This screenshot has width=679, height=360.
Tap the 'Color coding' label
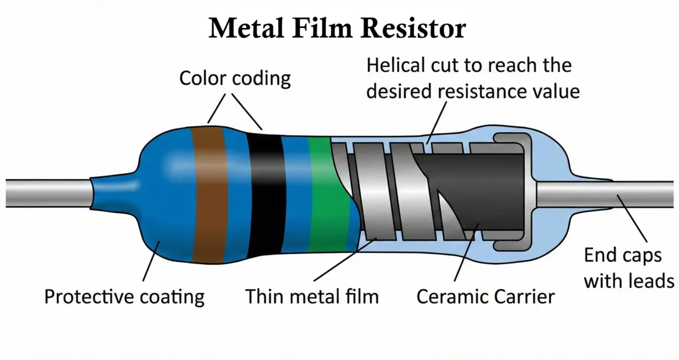pyautogui.click(x=235, y=79)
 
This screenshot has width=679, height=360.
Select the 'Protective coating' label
pyautogui.click(x=124, y=296)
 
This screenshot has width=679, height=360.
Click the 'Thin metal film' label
pyautogui.click(x=311, y=296)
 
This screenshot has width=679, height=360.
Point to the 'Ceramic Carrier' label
pyautogui.click(x=485, y=296)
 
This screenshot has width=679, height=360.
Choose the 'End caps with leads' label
pyautogui.click(x=628, y=267)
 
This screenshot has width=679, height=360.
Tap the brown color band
pyautogui.click(x=209, y=193)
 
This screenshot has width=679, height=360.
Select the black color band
pyautogui.click(x=265, y=193)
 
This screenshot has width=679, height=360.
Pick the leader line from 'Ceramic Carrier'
pyautogui.click(x=466, y=252)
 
